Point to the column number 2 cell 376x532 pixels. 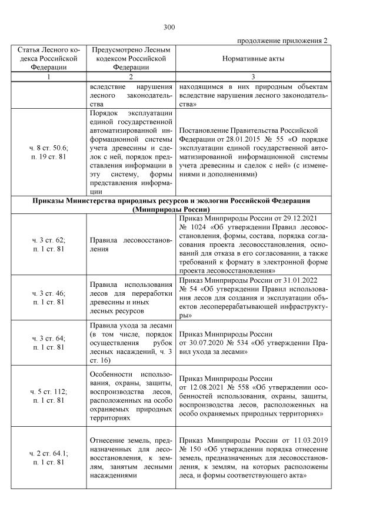[x=131, y=77]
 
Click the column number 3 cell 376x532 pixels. [x=252, y=77]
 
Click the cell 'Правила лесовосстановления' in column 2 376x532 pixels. [x=131, y=245]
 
